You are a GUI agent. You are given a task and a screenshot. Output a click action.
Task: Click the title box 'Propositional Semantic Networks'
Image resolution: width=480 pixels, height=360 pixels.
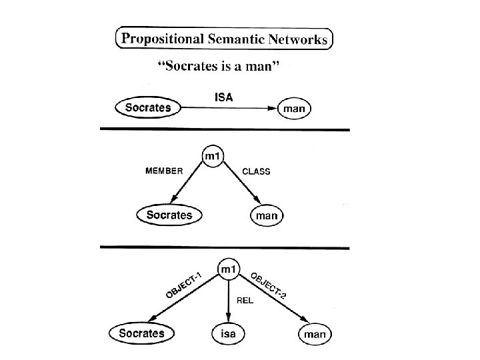[x=224, y=39]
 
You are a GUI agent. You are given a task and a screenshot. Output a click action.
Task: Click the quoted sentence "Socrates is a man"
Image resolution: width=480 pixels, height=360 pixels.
[x=223, y=67]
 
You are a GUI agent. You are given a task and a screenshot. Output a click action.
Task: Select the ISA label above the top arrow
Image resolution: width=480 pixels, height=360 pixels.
[x=224, y=97]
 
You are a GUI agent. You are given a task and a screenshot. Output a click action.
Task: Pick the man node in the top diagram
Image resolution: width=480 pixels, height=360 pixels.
[x=295, y=108]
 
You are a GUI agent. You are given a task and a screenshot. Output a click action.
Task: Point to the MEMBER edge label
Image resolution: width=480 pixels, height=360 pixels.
[x=164, y=171]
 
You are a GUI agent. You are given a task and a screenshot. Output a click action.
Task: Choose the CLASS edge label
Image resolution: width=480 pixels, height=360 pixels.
[x=256, y=171]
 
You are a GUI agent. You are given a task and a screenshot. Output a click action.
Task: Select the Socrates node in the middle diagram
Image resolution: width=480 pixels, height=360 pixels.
[x=169, y=215]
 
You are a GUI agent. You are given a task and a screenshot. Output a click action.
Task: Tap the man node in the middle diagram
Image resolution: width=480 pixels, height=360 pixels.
[x=267, y=215]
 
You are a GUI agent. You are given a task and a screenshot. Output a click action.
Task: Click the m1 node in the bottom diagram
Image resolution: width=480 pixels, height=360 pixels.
[x=228, y=269]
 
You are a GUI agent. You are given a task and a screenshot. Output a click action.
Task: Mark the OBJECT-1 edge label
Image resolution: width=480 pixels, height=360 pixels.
[x=183, y=286]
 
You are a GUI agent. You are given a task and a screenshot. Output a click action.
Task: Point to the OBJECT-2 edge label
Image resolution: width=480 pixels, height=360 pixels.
[x=269, y=285]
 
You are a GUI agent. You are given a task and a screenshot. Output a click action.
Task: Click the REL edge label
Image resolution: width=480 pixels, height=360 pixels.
[x=246, y=300]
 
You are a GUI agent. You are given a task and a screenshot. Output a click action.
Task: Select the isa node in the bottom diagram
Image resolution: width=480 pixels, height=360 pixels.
[x=228, y=333]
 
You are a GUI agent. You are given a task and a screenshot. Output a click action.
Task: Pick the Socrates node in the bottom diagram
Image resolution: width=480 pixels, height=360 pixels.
[x=141, y=332]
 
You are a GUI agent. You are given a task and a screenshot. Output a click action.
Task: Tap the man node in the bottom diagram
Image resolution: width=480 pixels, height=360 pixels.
[x=314, y=333]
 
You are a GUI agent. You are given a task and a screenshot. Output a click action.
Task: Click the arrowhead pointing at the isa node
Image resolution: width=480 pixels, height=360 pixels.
[x=228, y=318]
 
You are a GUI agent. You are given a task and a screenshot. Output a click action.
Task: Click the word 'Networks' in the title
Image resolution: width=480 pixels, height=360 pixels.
[x=297, y=39]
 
